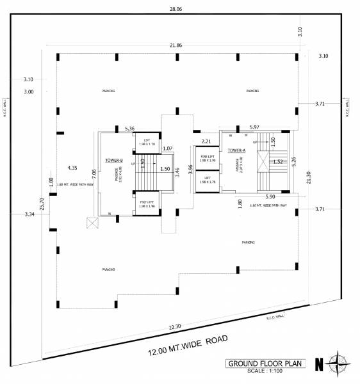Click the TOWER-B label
click(113, 161)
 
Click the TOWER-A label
click(228, 151)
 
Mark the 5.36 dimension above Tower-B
click(130, 129)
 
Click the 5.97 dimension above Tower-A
click(254, 127)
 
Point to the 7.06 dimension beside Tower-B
click(94, 173)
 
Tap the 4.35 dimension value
click(72, 168)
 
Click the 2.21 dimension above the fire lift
click(206, 141)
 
